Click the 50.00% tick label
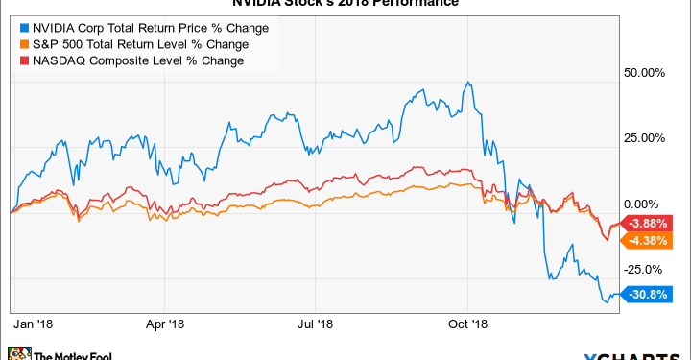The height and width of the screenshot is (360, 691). click(x=645, y=72)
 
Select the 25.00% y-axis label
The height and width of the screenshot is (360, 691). click(x=645, y=138)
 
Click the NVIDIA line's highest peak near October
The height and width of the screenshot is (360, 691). click(x=466, y=83)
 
